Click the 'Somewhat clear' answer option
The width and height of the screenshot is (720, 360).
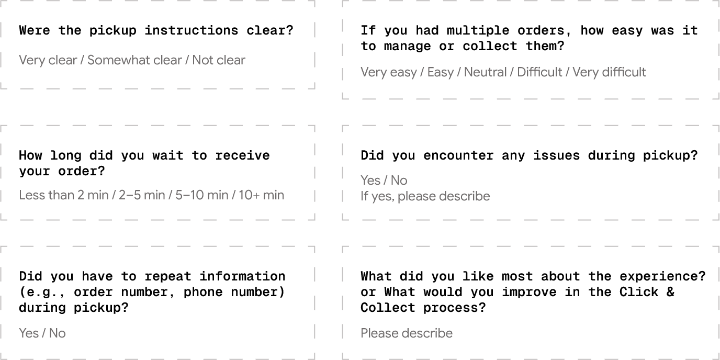(134, 60)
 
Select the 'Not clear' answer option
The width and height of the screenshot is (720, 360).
(219, 60)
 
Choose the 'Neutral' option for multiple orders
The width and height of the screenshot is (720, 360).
(485, 72)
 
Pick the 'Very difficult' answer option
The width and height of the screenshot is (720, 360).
(609, 72)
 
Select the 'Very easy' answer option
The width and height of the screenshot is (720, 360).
(388, 72)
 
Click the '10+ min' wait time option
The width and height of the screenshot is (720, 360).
(262, 196)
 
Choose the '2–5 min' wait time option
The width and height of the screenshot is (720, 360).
(142, 196)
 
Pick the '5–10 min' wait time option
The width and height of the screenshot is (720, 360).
(202, 196)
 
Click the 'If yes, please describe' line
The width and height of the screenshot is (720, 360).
(425, 196)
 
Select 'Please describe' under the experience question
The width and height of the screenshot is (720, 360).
(407, 333)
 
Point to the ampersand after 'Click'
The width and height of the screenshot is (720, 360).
(670, 292)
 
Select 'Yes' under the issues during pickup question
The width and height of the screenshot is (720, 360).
(370, 181)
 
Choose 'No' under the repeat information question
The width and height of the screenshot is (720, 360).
(58, 333)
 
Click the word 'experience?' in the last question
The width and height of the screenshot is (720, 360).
(662, 276)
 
